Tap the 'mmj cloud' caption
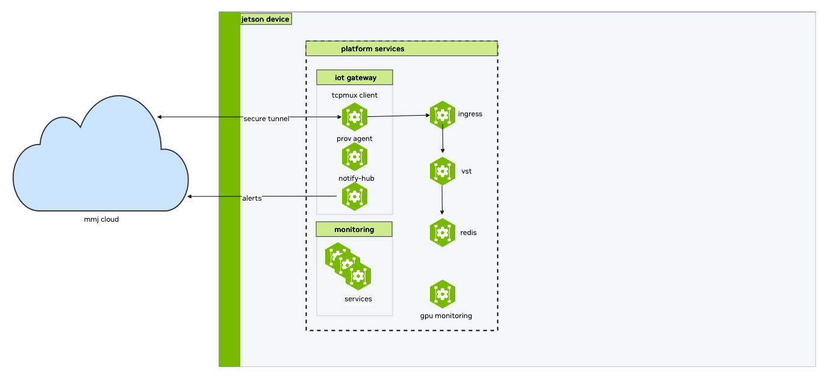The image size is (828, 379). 101,219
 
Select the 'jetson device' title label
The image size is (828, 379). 265,19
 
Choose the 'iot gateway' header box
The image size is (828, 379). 355,77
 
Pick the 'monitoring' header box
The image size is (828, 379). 354,230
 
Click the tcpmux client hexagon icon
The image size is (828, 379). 354,116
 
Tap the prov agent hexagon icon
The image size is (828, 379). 354,157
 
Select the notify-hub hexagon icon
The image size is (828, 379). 354,196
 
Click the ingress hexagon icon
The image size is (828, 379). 443,114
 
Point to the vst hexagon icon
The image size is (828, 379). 443,171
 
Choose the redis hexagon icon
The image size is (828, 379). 443,232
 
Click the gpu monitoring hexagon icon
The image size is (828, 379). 443,294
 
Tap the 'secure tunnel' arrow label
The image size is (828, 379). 266,119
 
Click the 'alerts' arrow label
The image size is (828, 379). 252,198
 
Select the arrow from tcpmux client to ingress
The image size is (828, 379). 397,116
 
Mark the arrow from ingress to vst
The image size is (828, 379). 443,140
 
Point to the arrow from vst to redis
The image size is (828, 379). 443,200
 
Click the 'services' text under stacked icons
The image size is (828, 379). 358,299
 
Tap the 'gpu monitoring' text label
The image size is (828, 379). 446,316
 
